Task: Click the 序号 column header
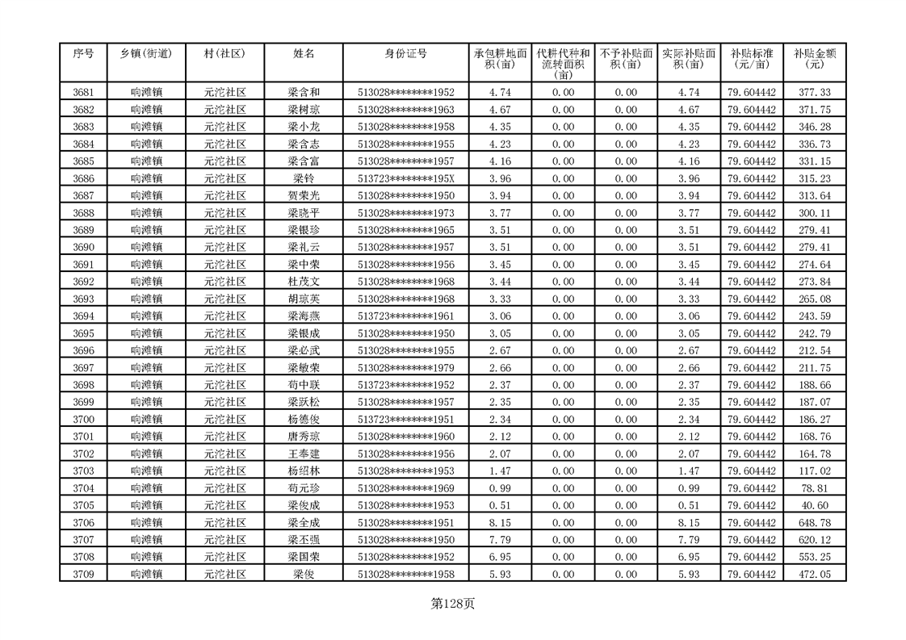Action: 83,54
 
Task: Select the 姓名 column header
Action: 304,54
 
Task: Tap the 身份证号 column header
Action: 405,54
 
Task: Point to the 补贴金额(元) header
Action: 814,59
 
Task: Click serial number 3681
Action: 83,93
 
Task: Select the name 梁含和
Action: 304,93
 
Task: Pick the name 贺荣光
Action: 304,196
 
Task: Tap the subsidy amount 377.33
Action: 814,93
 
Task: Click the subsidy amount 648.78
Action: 814,523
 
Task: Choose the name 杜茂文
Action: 304,282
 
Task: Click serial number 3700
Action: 83,420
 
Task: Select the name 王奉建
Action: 304,454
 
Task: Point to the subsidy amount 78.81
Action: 814,488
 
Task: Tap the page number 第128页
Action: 452,603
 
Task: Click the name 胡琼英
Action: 304,299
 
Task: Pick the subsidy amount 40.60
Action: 814,505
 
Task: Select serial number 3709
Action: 83,574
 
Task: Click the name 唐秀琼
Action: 304,437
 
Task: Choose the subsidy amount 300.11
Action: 814,213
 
